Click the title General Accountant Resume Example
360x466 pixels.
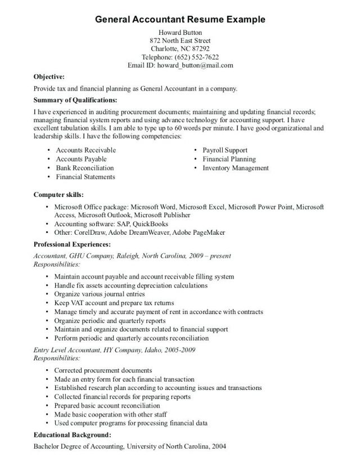click(180, 19)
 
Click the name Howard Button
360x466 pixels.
click(180, 33)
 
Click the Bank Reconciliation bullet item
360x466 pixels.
click(84, 168)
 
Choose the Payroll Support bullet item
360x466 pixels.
click(225, 150)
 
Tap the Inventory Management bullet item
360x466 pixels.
click(236, 168)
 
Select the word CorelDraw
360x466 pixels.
click(92, 233)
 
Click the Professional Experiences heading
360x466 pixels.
click(72, 245)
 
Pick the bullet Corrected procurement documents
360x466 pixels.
click(103, 370)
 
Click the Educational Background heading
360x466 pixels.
click(72, 434)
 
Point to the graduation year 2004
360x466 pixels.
click(219, 446)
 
